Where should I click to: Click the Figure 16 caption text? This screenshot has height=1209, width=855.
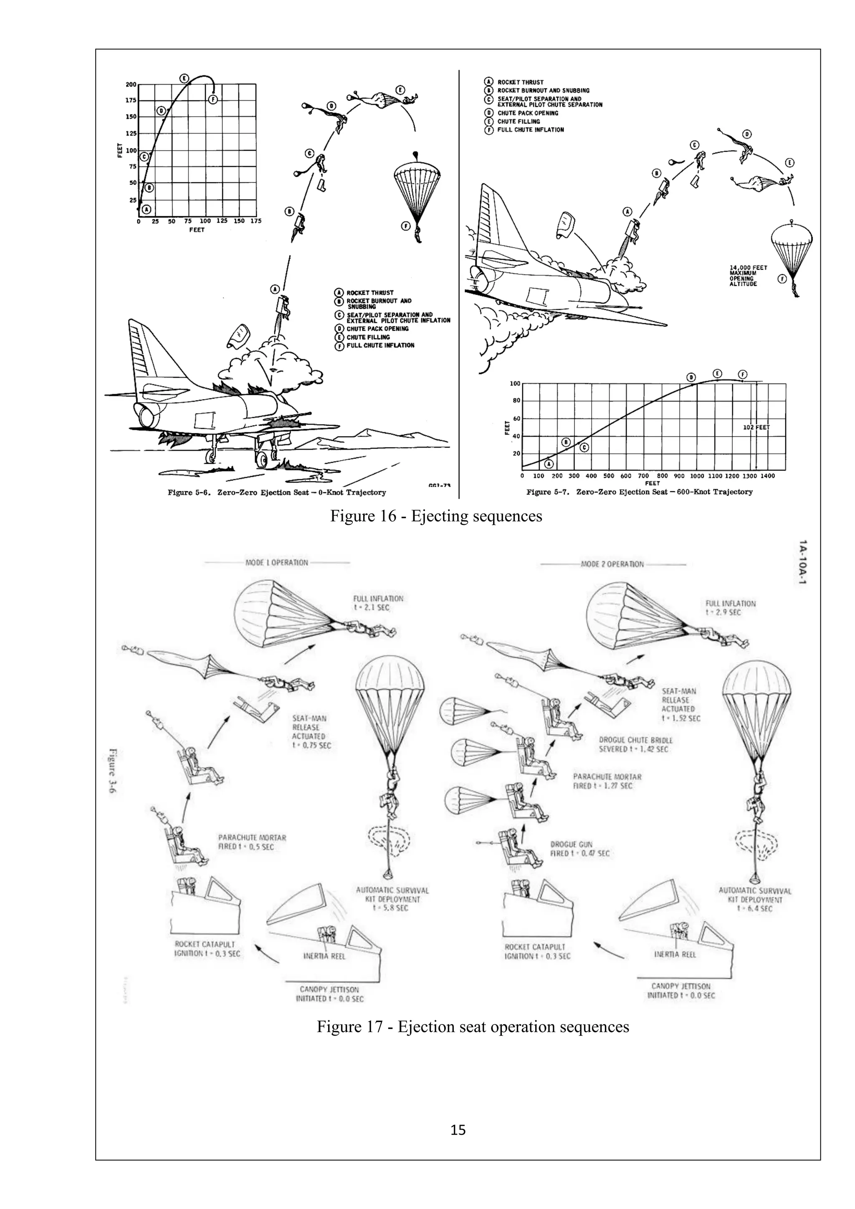click(x=436, y=516)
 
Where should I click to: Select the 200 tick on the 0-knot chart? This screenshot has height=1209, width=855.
click(x=131, y=85)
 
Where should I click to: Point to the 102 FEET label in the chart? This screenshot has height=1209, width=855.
click(x=756, y=427)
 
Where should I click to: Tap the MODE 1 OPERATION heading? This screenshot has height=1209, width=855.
click(x=276, y=562)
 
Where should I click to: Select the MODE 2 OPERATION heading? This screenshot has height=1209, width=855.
click(x=612, y=564)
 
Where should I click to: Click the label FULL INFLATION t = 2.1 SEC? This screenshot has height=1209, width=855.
click(x=378, y=603)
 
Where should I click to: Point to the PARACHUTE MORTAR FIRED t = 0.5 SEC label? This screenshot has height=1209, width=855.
click(x=252, y=842)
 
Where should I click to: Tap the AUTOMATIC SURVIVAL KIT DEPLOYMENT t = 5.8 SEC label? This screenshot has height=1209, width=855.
click(x=392, y=899)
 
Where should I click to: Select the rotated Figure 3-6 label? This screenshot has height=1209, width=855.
click(x=113, y=771)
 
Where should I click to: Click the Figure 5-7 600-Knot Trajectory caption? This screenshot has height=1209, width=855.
click(x=639, y=492)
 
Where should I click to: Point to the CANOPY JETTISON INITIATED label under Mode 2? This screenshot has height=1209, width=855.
click(x=681, y=991)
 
